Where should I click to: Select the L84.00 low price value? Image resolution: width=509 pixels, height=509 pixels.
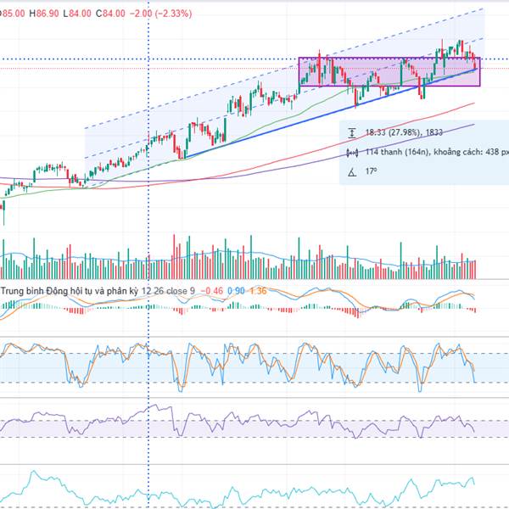coord(81,13)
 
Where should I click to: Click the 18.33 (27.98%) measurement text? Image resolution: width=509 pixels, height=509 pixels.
coord(399,133)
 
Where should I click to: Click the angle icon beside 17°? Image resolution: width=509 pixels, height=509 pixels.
coord(353,172)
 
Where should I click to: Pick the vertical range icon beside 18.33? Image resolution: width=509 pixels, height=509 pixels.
coord(353,133)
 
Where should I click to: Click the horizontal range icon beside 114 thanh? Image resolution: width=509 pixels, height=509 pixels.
coord(353,153)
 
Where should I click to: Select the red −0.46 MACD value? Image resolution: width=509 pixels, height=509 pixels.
coord(213,291)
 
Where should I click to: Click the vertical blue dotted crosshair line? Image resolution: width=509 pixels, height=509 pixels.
coord(149,212)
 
